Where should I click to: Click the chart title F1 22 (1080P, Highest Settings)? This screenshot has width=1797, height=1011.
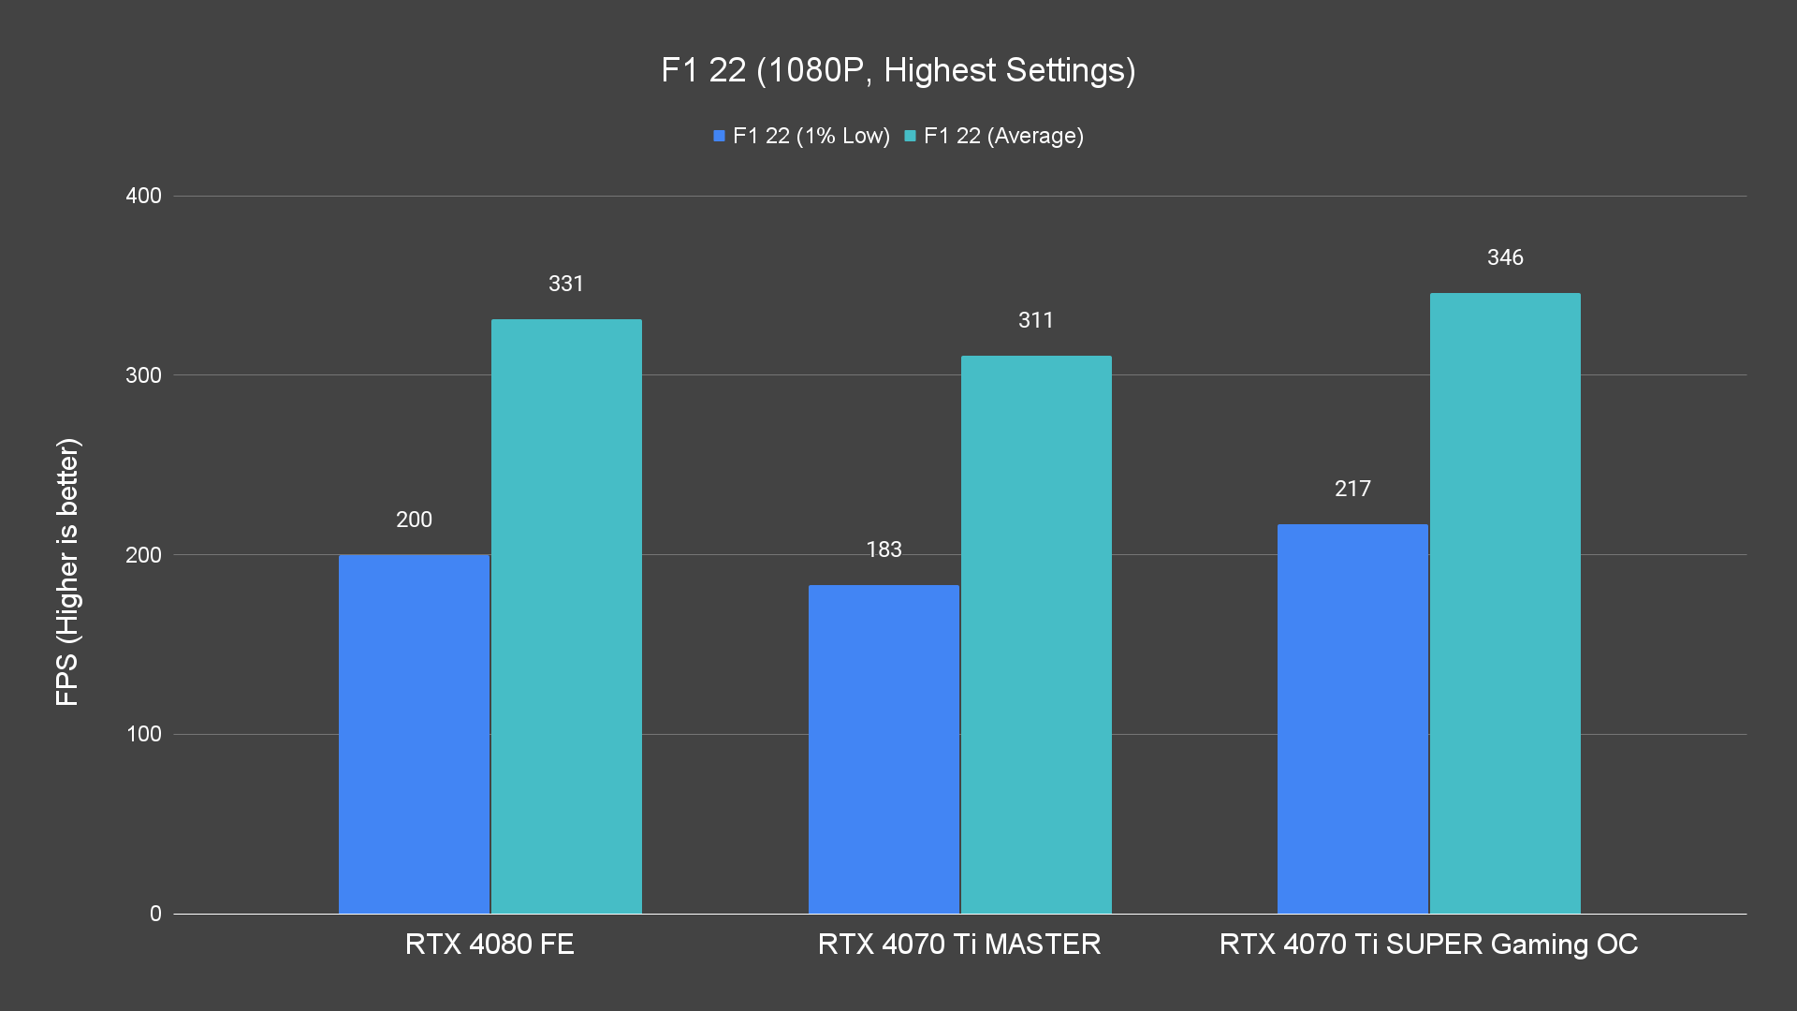point(898,70)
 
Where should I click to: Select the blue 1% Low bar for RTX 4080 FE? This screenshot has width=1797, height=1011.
point(414,734)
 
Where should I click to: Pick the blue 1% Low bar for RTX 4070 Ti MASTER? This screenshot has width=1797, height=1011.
point(884,749)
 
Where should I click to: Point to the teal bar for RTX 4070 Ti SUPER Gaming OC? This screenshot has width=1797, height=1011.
point(1505,604)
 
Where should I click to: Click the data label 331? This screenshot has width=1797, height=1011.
point(566,284)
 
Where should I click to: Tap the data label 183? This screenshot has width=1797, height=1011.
point(884,549)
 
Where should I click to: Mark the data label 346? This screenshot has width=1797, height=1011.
point(1505,257)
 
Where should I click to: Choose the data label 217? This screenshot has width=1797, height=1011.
point(1352,489)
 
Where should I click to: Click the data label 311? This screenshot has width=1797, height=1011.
point(1036,320)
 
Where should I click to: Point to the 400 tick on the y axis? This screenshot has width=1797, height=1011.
point(143,196)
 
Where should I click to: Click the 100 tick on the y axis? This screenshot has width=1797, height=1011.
point(143,734)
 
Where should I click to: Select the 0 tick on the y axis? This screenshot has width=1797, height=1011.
point(155,914)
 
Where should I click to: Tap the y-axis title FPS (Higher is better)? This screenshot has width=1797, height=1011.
point(67,571)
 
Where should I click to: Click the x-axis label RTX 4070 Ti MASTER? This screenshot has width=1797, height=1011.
point(958,944)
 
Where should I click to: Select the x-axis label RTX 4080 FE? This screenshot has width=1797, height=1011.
point(489,944)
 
